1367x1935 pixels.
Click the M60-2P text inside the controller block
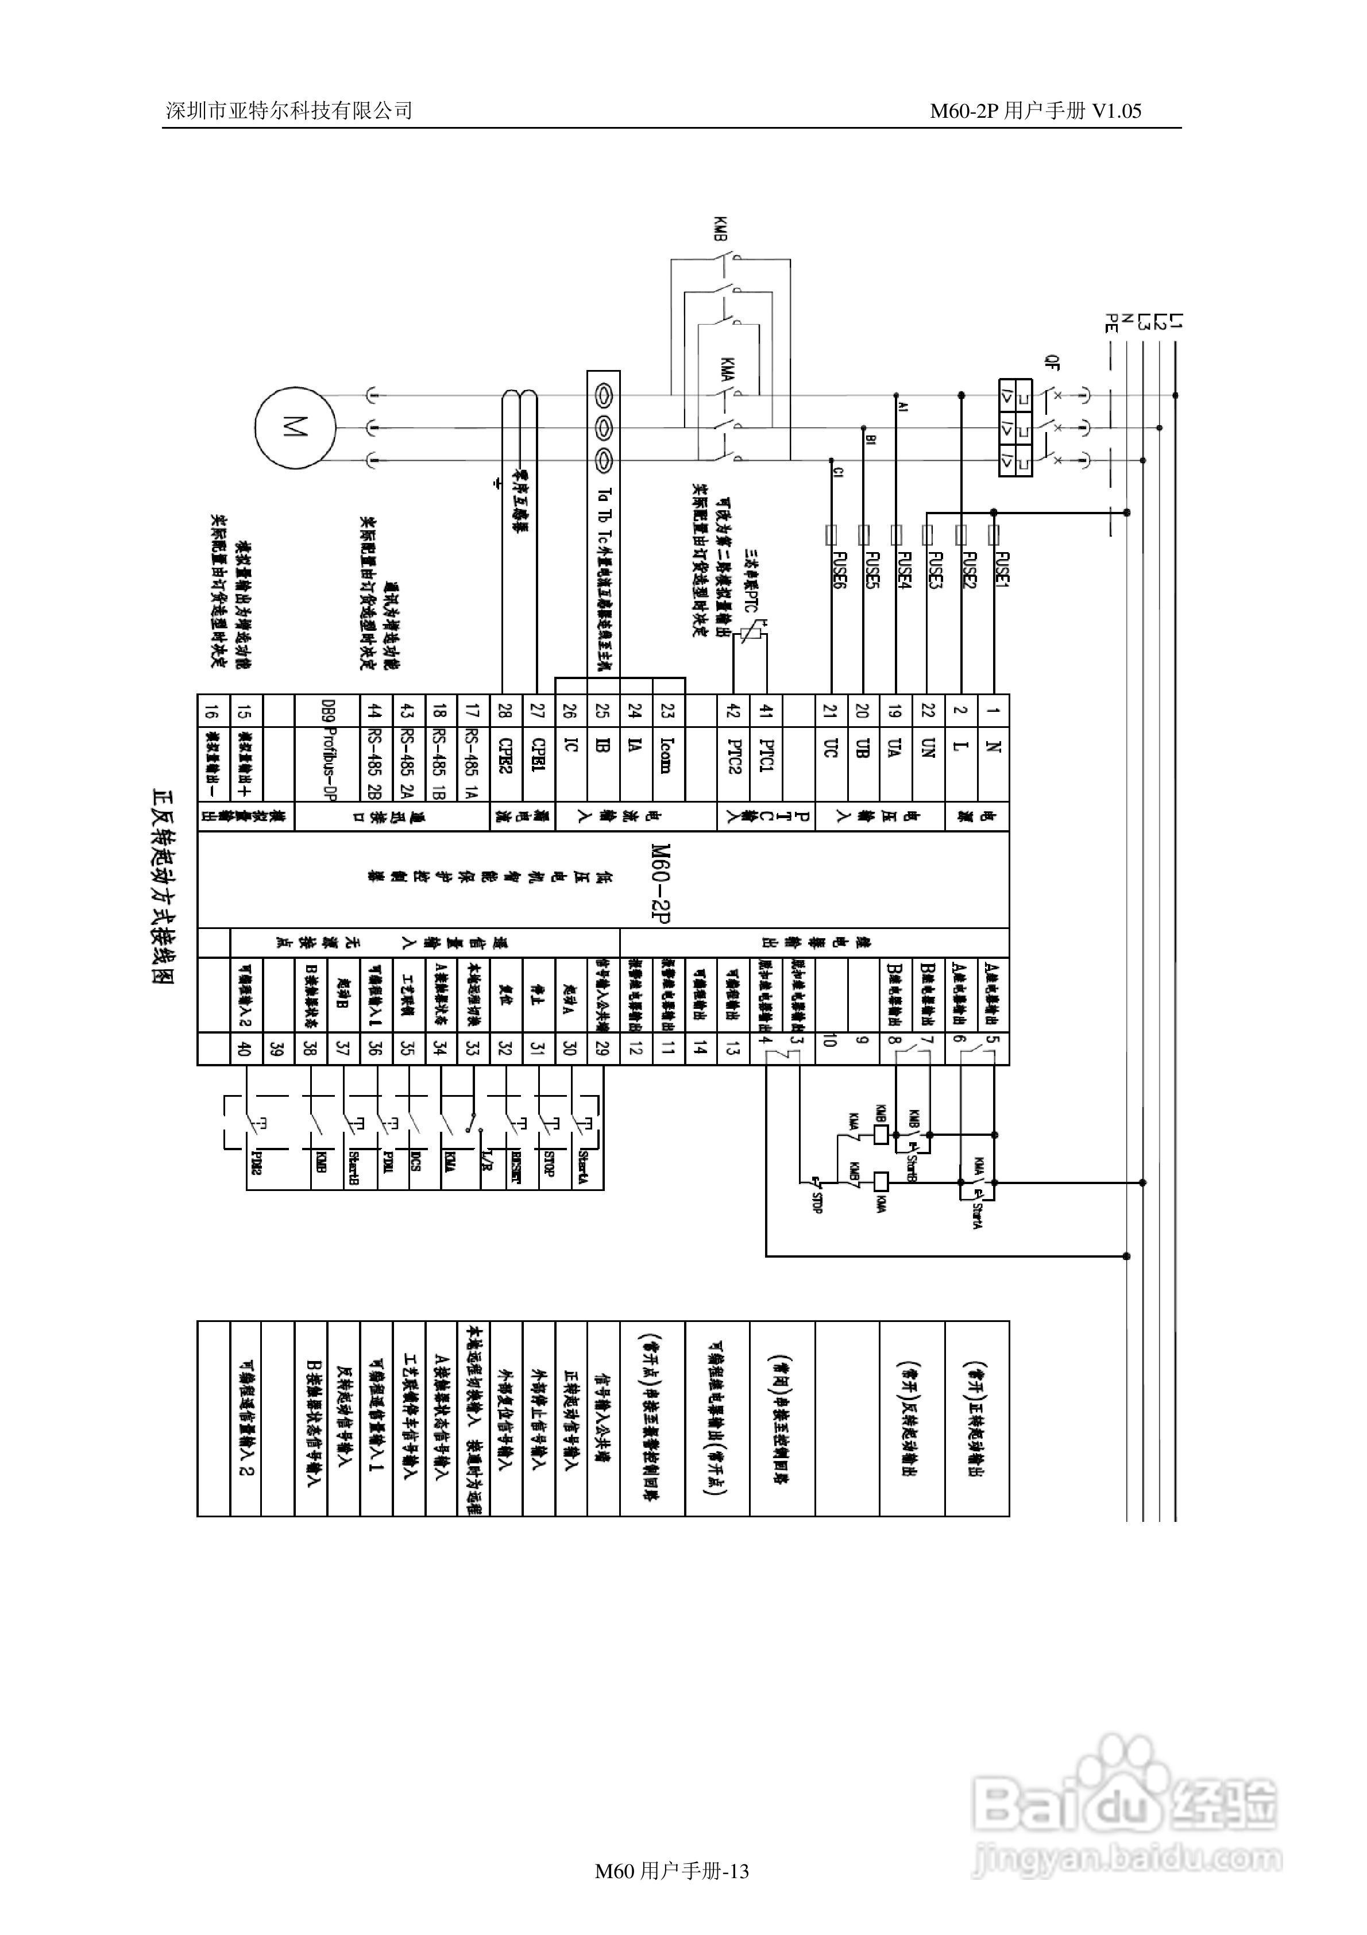[661, 882]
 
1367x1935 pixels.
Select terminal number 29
[602, 1049]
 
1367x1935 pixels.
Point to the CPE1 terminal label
[538, 754]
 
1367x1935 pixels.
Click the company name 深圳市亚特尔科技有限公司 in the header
[289, 110]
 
